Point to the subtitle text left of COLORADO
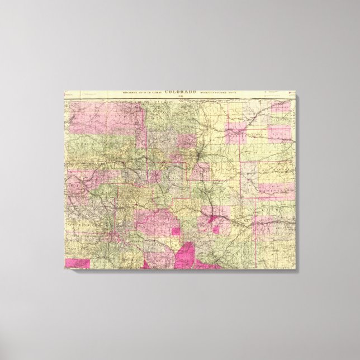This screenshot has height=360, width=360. (x=138, y=92)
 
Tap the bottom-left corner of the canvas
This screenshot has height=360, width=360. (x=64, y=268)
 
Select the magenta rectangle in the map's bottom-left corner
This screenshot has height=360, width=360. (x=77, y=263)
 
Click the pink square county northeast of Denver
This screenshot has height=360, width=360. (x=235, y=134)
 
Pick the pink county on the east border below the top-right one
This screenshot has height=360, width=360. (x=280, y=132)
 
